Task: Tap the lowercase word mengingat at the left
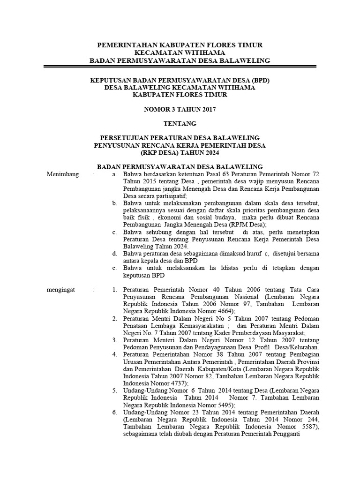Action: [61, 290]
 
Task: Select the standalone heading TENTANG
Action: [180, 124]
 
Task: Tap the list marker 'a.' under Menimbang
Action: [115, 174]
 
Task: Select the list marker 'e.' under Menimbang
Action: [115, 268]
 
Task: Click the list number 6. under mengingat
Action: [115, 412]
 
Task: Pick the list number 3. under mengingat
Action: [115, 339]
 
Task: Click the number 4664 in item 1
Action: [223, 311]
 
